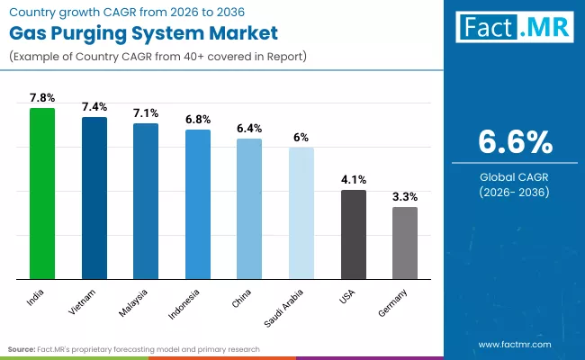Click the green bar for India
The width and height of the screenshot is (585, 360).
42,193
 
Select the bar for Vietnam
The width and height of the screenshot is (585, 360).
94,197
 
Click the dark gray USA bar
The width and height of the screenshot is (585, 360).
354,234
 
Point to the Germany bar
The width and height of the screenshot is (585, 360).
405,242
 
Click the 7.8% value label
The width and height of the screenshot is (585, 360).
42,97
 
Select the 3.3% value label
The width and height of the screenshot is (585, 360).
405,196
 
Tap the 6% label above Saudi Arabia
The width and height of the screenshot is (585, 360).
301,137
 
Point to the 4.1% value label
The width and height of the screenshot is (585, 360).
354,179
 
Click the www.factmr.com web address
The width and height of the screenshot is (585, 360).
514,344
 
